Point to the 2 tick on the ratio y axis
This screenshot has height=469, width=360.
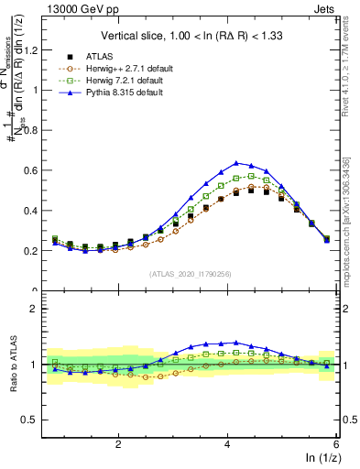coord(39,309)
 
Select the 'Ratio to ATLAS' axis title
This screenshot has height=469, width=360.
coord(13,366)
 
